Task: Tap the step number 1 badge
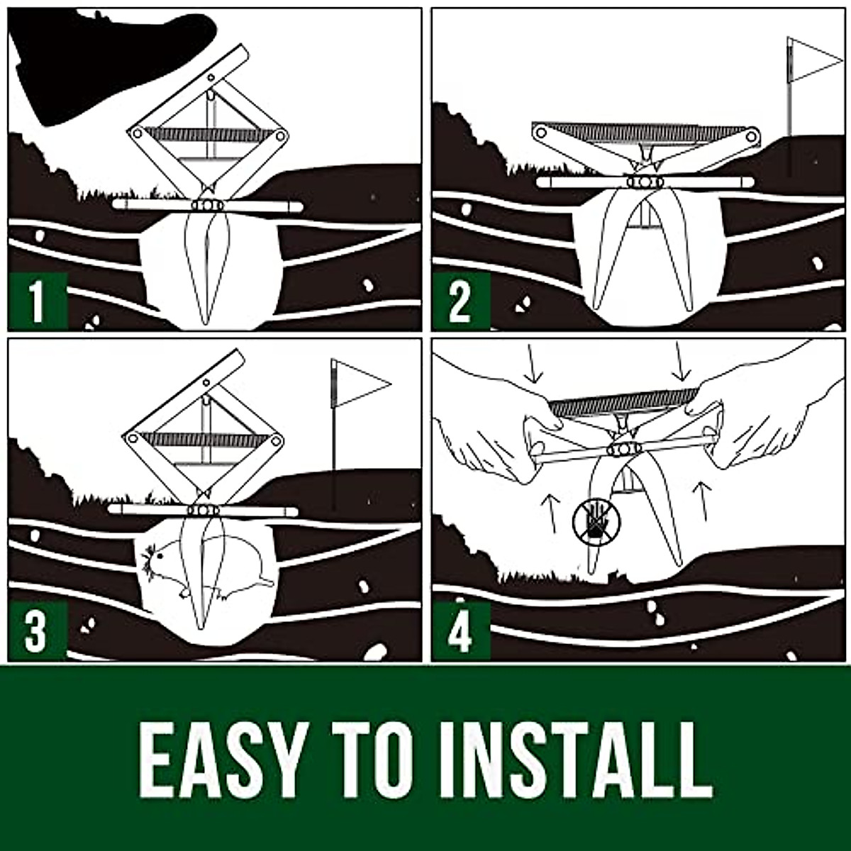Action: tap(37, 301)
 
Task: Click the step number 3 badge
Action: tap(37, 631)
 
